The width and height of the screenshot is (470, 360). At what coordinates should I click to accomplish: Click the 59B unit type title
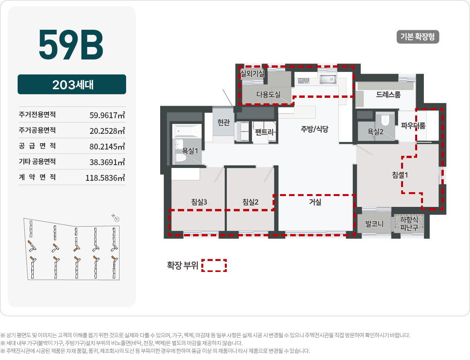click(x=71, y=44)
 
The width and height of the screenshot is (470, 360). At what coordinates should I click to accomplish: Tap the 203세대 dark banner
click(x=72, y=84)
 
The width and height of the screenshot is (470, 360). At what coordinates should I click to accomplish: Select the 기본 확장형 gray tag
click(x=418, y=37)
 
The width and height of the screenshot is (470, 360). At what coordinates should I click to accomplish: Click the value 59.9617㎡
click(x=107, y=115)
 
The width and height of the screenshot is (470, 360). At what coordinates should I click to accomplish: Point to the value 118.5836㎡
click(x=105, y=178)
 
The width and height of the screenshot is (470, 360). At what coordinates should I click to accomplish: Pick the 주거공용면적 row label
click(x=37, y=130)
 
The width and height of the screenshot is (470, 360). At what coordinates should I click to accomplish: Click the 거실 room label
click(x=315, y=202)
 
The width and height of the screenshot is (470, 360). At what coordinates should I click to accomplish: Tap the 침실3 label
click(x=199, y=202)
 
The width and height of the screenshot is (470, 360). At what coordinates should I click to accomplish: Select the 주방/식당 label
click(x=315, y=129)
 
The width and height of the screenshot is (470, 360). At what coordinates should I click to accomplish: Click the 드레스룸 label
click(x=389, y=94)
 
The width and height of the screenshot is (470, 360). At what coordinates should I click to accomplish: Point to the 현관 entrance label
click(x=224, y=122)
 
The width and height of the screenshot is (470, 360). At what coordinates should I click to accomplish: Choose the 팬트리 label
click(x=264, y=132)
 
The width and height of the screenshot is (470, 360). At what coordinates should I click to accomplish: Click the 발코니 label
click(x=374, y=224)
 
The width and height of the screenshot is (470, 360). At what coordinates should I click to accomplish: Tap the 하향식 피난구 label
click(x=409, y=223)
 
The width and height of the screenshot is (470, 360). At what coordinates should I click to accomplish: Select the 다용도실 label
click(x=268, y=94)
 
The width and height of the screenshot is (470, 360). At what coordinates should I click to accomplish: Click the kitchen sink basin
click(x=328, y=79)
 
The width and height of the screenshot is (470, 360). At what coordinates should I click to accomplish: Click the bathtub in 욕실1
click(x=187, y=131)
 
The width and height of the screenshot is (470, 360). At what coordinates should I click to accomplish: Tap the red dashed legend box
click(x=214, y=265)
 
